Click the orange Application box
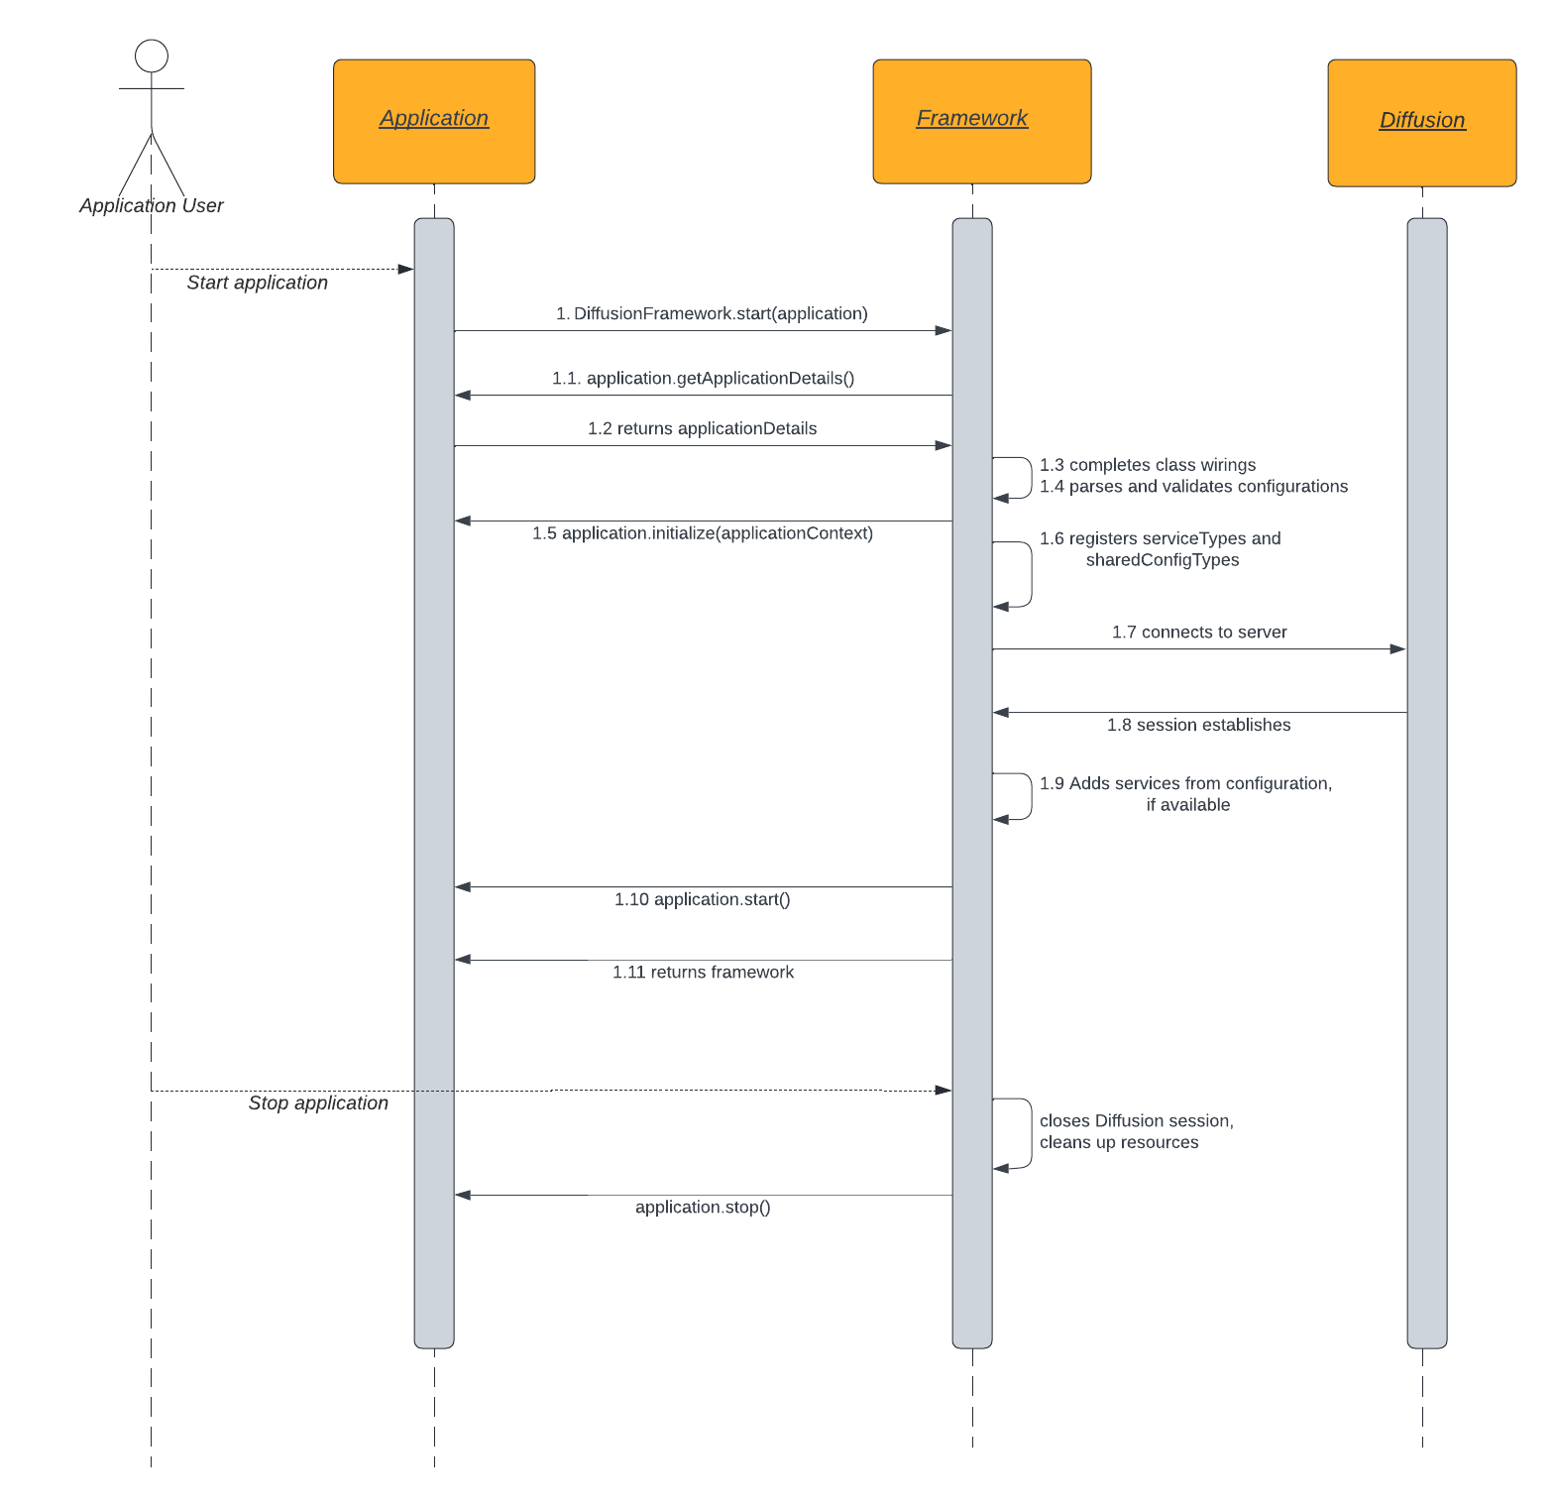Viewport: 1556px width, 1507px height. (x=434, y=121)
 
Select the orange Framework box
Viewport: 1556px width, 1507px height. (x=981, y=121)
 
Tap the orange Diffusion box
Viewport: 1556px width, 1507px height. (x=1421, y=122)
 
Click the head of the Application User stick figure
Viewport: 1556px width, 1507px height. (x=152, y=56)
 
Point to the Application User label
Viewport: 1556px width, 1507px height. (x=152, y=205)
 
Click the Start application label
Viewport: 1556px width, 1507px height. (x=257, y=283)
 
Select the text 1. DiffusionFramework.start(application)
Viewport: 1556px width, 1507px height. (x=712, y=313)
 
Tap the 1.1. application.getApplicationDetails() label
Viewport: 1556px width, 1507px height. (x=703, y=378)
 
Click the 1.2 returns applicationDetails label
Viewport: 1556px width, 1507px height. (x=702, y=428)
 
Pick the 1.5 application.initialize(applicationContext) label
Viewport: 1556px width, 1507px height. (x=702, y=533)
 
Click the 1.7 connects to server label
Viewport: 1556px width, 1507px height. (x=1199, y=632)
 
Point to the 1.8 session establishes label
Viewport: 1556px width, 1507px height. (x=1198, y=725)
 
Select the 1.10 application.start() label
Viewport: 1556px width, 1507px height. (x=702, y=899)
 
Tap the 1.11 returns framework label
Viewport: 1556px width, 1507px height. (x=703, y=972)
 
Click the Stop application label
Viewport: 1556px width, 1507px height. (x=318, y=1102)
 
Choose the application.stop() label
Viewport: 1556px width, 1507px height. (x=703, y=1207)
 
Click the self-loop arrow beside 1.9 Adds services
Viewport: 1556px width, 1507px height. (x=1029, y=796)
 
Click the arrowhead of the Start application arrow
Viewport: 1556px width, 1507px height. (x=405, y=269)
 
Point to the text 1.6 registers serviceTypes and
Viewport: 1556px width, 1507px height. (x=1160, y=538)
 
